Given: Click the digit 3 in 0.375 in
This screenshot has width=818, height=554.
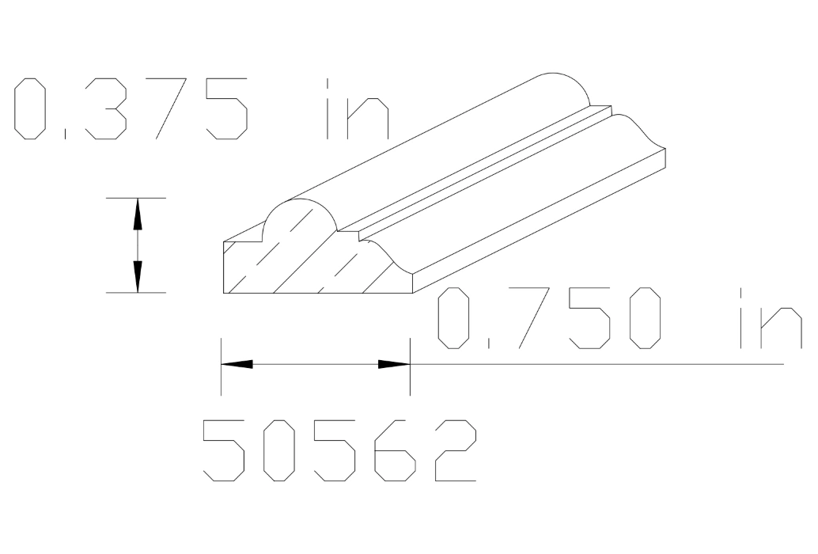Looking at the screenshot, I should coord(104,108).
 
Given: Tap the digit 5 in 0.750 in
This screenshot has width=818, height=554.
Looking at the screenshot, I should coord(585,318).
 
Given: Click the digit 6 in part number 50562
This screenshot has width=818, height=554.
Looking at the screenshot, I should coord(393,450).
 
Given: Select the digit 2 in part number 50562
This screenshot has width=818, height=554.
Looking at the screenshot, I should coord(455,450).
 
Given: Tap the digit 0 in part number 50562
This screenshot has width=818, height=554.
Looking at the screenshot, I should coord(278,450).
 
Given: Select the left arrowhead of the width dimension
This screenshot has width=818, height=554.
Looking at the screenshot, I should coord(237,364).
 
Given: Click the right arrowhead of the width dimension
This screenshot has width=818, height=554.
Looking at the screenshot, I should coord(394,364).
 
